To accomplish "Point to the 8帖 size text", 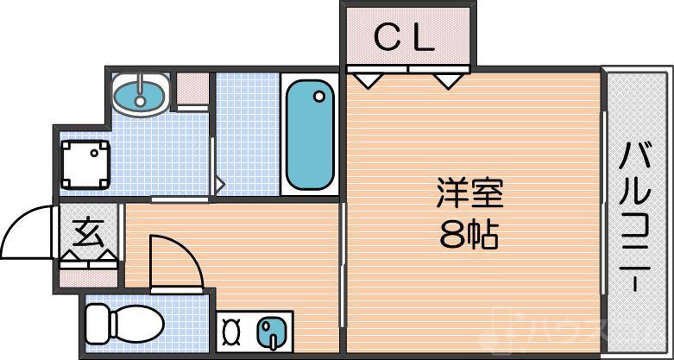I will coord(469,234).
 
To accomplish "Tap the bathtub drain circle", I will coord(319,96).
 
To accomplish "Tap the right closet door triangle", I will coord(447,79).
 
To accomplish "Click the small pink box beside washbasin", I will coord(192,89).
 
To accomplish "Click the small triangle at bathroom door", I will coord(220,184).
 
